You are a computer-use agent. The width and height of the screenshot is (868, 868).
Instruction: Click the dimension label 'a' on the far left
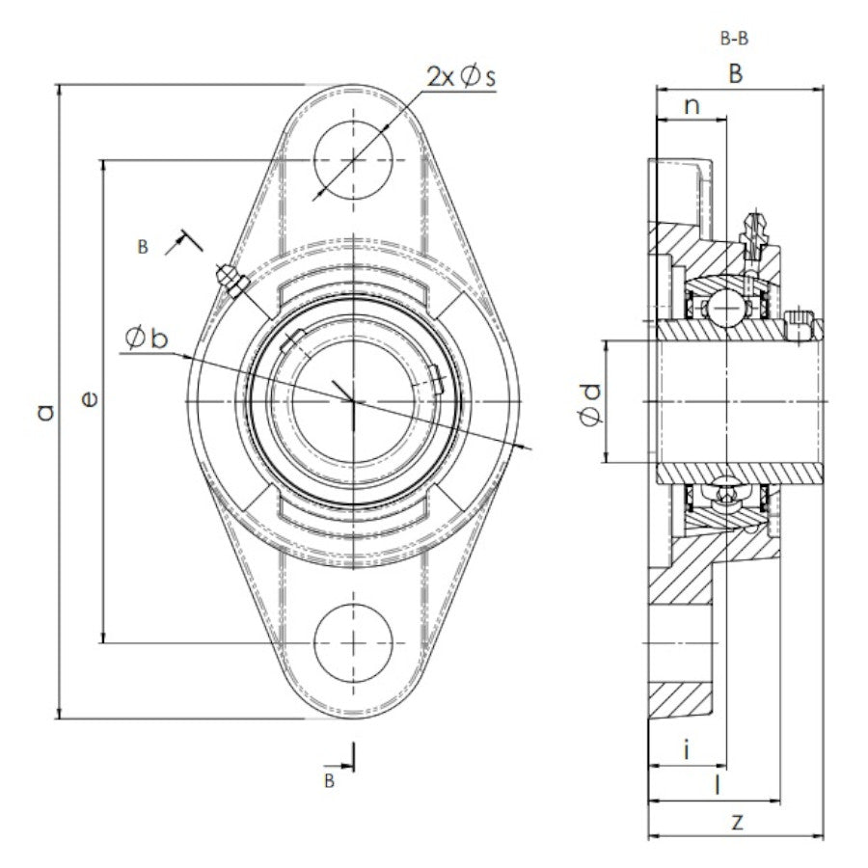pos(42,413)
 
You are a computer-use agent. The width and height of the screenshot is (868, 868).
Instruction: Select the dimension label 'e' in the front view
pos(89,398)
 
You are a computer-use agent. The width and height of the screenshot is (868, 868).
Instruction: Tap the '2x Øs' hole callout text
pos(461,77)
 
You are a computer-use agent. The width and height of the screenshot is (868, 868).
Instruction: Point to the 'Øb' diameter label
pos(146,338)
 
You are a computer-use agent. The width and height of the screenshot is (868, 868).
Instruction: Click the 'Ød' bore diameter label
pos(590,403)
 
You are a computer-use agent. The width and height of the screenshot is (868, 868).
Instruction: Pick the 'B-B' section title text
pos(735,40)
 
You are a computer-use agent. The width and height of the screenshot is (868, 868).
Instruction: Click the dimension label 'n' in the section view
pos(691,105)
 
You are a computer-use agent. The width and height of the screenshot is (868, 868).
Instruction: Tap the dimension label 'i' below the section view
pos(685,749)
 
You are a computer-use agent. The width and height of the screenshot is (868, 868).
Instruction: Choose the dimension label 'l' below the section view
pos(715,785)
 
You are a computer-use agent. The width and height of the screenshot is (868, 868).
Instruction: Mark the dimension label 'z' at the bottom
pos(737,822)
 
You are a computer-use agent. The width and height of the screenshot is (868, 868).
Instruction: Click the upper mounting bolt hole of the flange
pos(353,160)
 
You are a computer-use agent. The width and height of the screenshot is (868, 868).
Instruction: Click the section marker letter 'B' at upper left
pos(143,248)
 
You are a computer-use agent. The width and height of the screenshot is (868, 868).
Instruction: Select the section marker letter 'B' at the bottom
pos(329,780)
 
